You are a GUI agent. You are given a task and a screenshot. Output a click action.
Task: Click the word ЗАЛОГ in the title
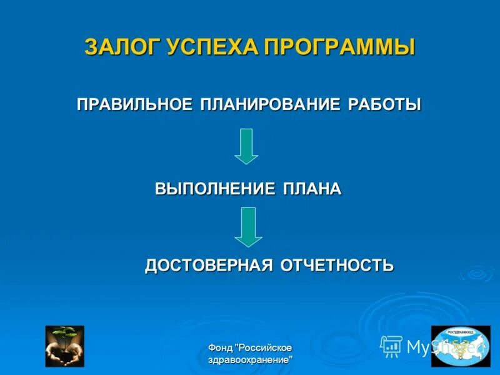pos(122,47)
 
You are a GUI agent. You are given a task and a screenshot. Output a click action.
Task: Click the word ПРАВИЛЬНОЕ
pos(134,104)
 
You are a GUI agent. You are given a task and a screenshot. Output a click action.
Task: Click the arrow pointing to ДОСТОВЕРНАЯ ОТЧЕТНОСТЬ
pos(248,226)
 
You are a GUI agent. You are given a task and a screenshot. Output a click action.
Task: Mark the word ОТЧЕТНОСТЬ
pos(337,265)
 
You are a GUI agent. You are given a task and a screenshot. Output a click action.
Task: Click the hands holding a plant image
pos(64,346)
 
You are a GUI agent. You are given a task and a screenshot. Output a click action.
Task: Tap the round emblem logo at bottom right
pos(461,346)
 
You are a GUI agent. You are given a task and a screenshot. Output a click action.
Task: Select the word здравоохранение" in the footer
pos(250,361)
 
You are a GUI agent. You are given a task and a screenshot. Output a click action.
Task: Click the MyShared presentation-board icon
pos(391,346)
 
